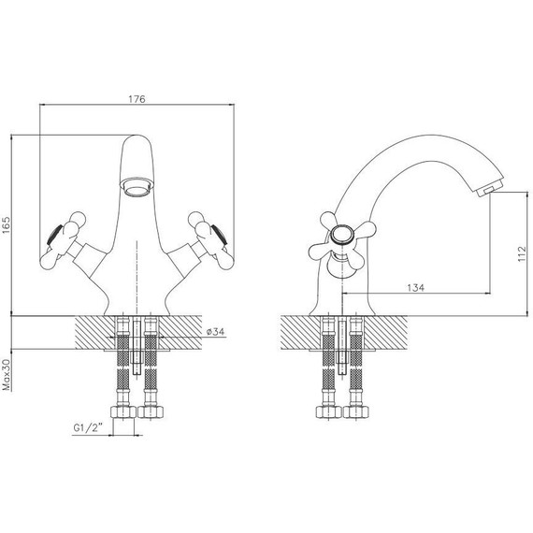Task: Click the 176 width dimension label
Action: point(137,99)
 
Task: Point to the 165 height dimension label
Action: point(7,225)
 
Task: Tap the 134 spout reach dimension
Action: point(416,288)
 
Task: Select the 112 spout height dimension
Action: point(522,254)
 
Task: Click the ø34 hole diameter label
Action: point(215,331)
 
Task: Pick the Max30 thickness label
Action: point(7,375)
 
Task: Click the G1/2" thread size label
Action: point(88,427)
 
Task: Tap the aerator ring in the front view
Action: point(137,186)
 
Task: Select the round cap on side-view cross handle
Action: point(341,235)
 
